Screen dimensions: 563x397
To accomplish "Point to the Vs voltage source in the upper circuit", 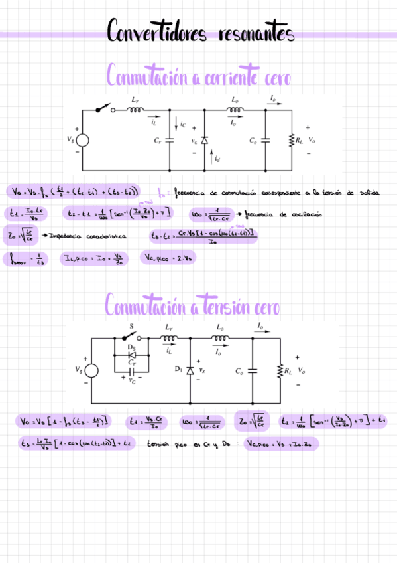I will [82, 140].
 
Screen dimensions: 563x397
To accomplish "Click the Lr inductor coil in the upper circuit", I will [135, 111].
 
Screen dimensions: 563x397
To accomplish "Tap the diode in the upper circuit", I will [204, 140].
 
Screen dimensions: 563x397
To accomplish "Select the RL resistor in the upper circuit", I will [291, 140].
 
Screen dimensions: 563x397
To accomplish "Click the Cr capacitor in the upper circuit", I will [168, 140].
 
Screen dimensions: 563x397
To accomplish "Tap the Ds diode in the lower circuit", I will [133, 354].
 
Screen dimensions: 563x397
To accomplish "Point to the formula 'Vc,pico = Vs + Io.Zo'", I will [281, 443].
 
